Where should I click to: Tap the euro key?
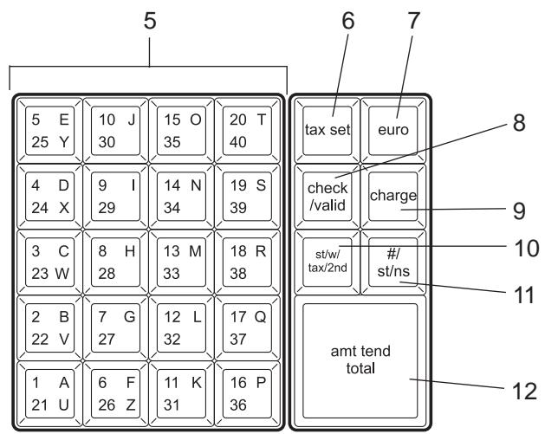[x=393, y=131]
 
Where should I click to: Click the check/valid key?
[x=327, y=197]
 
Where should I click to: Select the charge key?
[x=393, y=197]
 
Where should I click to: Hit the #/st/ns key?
[x=393, y=262]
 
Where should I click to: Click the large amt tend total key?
[x=360, y=361]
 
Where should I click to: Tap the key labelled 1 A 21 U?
[x=49, y=393]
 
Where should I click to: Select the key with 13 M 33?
[x=181, y=262]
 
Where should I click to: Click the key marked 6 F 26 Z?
[x=116, y=393]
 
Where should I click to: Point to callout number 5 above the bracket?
[x=150, y=21]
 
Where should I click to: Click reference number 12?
[x=524, y=392]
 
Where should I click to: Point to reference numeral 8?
[x=519, y=123]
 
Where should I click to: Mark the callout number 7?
[x=413, y=21]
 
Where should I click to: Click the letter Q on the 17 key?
[x=260, y=316]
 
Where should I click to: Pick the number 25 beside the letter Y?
[x=40, y=142]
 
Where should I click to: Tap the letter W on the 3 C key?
[x=62, y=274]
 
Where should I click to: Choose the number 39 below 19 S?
[x=238, y=208]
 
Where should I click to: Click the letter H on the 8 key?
[x=130, y=251]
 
